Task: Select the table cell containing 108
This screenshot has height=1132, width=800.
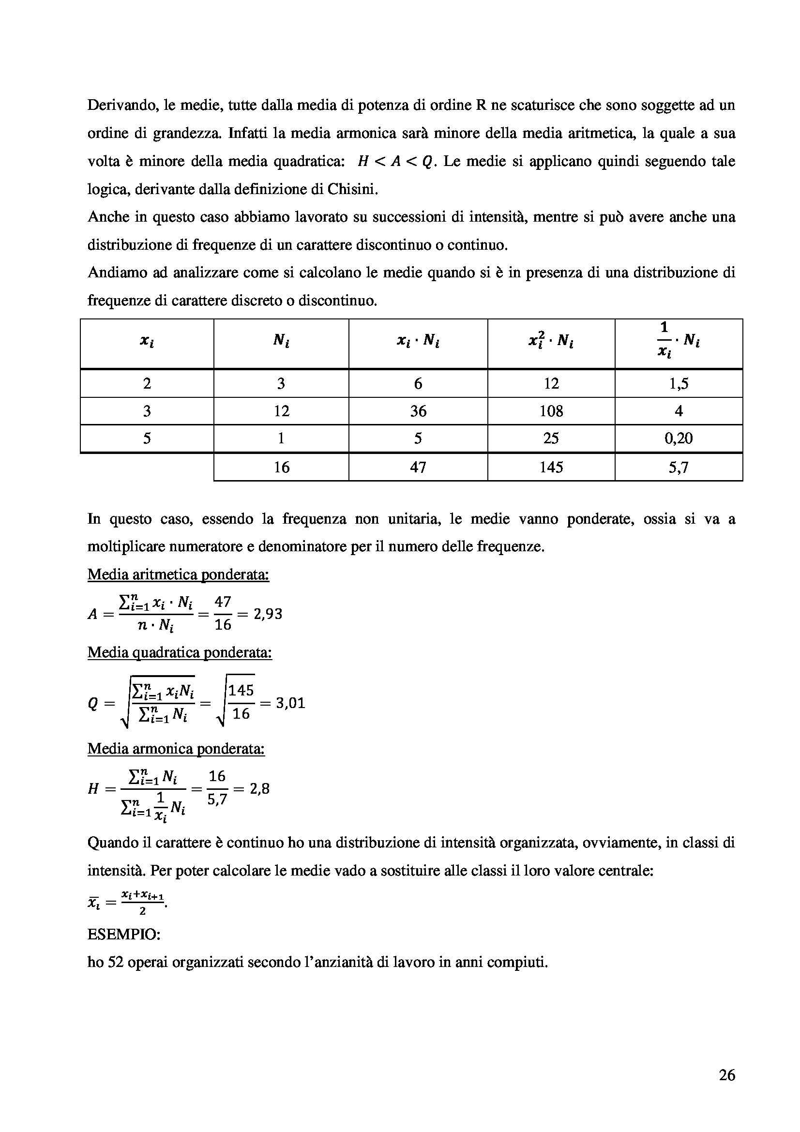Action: [x=551, y=411]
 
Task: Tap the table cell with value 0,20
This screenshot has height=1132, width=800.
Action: [x=678, y=438]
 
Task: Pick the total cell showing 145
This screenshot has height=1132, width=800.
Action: [x=551, y=467]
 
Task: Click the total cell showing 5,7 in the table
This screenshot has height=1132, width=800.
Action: [x=678, y=467]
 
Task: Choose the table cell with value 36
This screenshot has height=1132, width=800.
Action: [x=418, y=411]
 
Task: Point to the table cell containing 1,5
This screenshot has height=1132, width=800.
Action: [x=678, y=384]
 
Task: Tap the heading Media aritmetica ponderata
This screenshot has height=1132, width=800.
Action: [x=178, y=575]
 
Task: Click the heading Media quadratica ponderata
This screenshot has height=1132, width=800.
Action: [x=180, y=653]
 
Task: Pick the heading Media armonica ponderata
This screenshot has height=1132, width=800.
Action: [x=176, y=749]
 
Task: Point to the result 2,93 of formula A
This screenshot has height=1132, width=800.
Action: [x=267, y=614]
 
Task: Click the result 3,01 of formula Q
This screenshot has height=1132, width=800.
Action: [x=290, y=703]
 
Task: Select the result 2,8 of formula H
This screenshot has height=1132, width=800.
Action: [x=260, y=789]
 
